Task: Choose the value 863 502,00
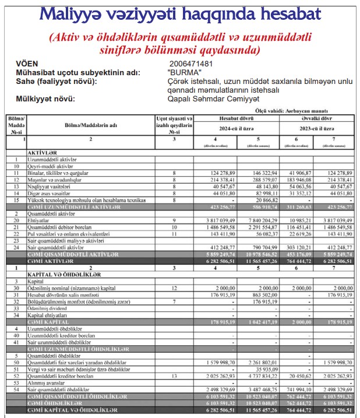coord(260,296)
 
